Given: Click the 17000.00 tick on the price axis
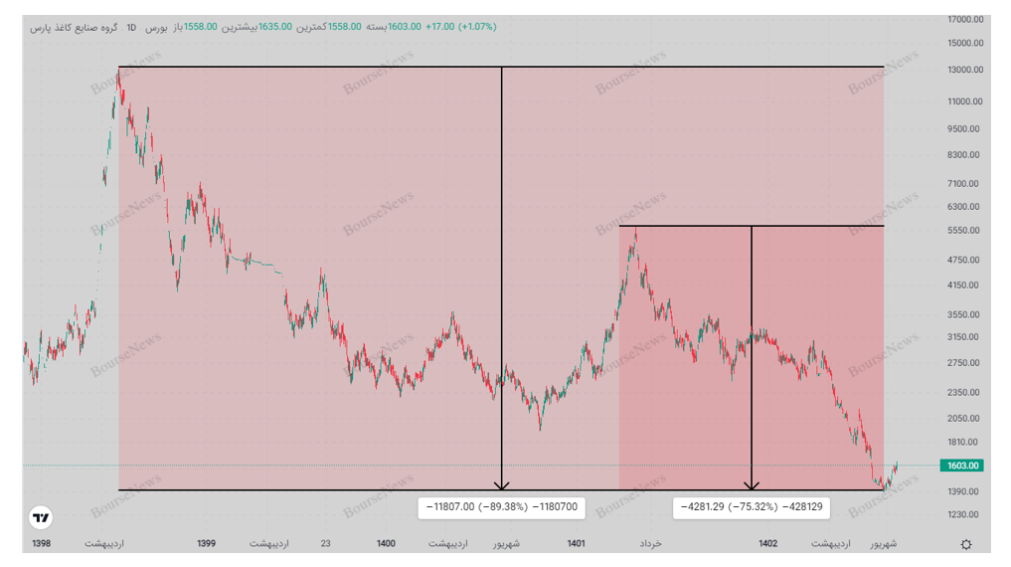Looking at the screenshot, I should [965, 19].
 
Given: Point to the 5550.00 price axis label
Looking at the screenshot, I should [963, 231].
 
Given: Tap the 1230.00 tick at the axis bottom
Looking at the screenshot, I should [963, 515].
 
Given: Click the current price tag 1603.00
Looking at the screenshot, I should [962, 466].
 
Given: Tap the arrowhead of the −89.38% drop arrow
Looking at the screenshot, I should [502, 485].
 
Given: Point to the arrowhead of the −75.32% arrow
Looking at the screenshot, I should [752, 485].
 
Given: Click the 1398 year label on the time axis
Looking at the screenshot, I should [41, 544].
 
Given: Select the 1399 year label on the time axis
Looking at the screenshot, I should [206, 544].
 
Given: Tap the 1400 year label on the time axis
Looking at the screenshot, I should [386, 544].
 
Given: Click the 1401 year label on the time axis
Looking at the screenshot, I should [576, 544].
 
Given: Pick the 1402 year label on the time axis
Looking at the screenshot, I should [767, 544].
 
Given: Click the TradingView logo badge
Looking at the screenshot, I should [41, 517].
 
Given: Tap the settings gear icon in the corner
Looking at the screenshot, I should [966, 544].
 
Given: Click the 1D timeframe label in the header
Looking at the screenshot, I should [132, 27].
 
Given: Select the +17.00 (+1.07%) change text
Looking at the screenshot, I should [460, 27].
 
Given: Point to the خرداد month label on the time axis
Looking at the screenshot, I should [650, 544].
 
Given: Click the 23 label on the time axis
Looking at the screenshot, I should [326, 544].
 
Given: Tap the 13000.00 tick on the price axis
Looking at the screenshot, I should [965, 70].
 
